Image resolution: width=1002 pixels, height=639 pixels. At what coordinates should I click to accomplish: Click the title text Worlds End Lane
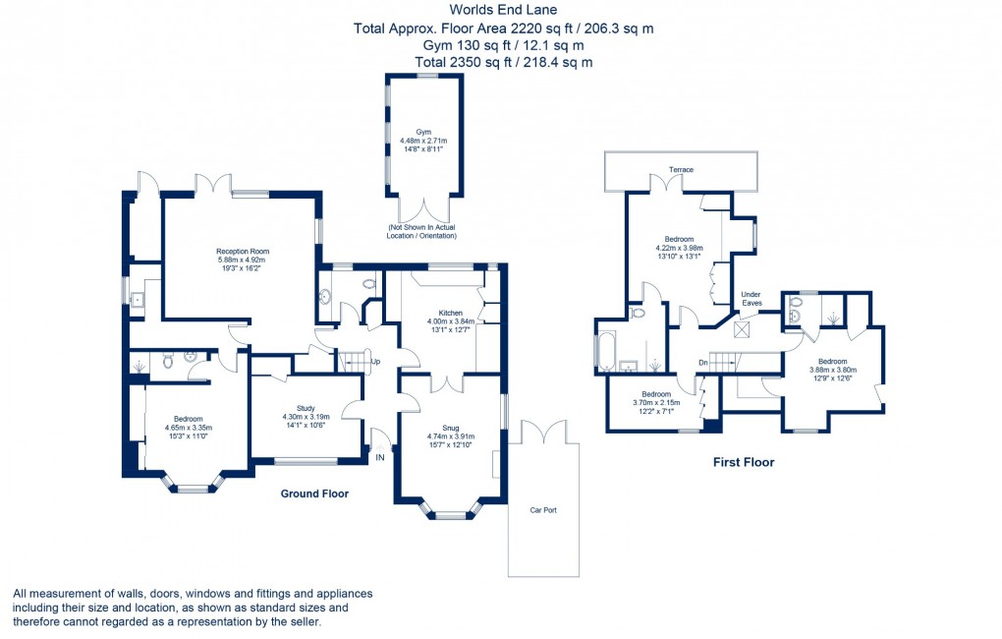tap(503, 10)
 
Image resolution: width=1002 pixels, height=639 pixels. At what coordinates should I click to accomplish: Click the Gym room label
tap(423, 131)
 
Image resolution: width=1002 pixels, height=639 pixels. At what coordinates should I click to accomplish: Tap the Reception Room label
tap(243, 252)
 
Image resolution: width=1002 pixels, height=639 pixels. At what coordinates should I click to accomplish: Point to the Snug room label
tap(451, 428)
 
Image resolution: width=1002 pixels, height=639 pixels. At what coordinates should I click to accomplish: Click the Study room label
tap(305, 409)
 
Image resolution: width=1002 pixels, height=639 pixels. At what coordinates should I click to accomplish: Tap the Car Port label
tap(543, 510)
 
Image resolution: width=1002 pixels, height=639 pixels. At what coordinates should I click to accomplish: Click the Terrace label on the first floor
tap(681, 170)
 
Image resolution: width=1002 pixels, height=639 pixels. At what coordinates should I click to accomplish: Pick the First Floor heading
tap(744, 462)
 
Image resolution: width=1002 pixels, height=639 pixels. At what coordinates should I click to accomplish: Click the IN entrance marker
tap(380, 455)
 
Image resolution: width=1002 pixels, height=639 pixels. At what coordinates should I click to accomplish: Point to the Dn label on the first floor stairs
tap(702, 361)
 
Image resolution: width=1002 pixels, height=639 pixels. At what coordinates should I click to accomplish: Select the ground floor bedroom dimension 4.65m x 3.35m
tap(189, 428)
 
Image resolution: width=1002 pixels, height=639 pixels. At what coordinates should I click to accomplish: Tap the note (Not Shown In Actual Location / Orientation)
tap(423, 232)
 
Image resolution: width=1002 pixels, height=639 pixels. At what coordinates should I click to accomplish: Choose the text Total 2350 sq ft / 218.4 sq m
tap(503, 62)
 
